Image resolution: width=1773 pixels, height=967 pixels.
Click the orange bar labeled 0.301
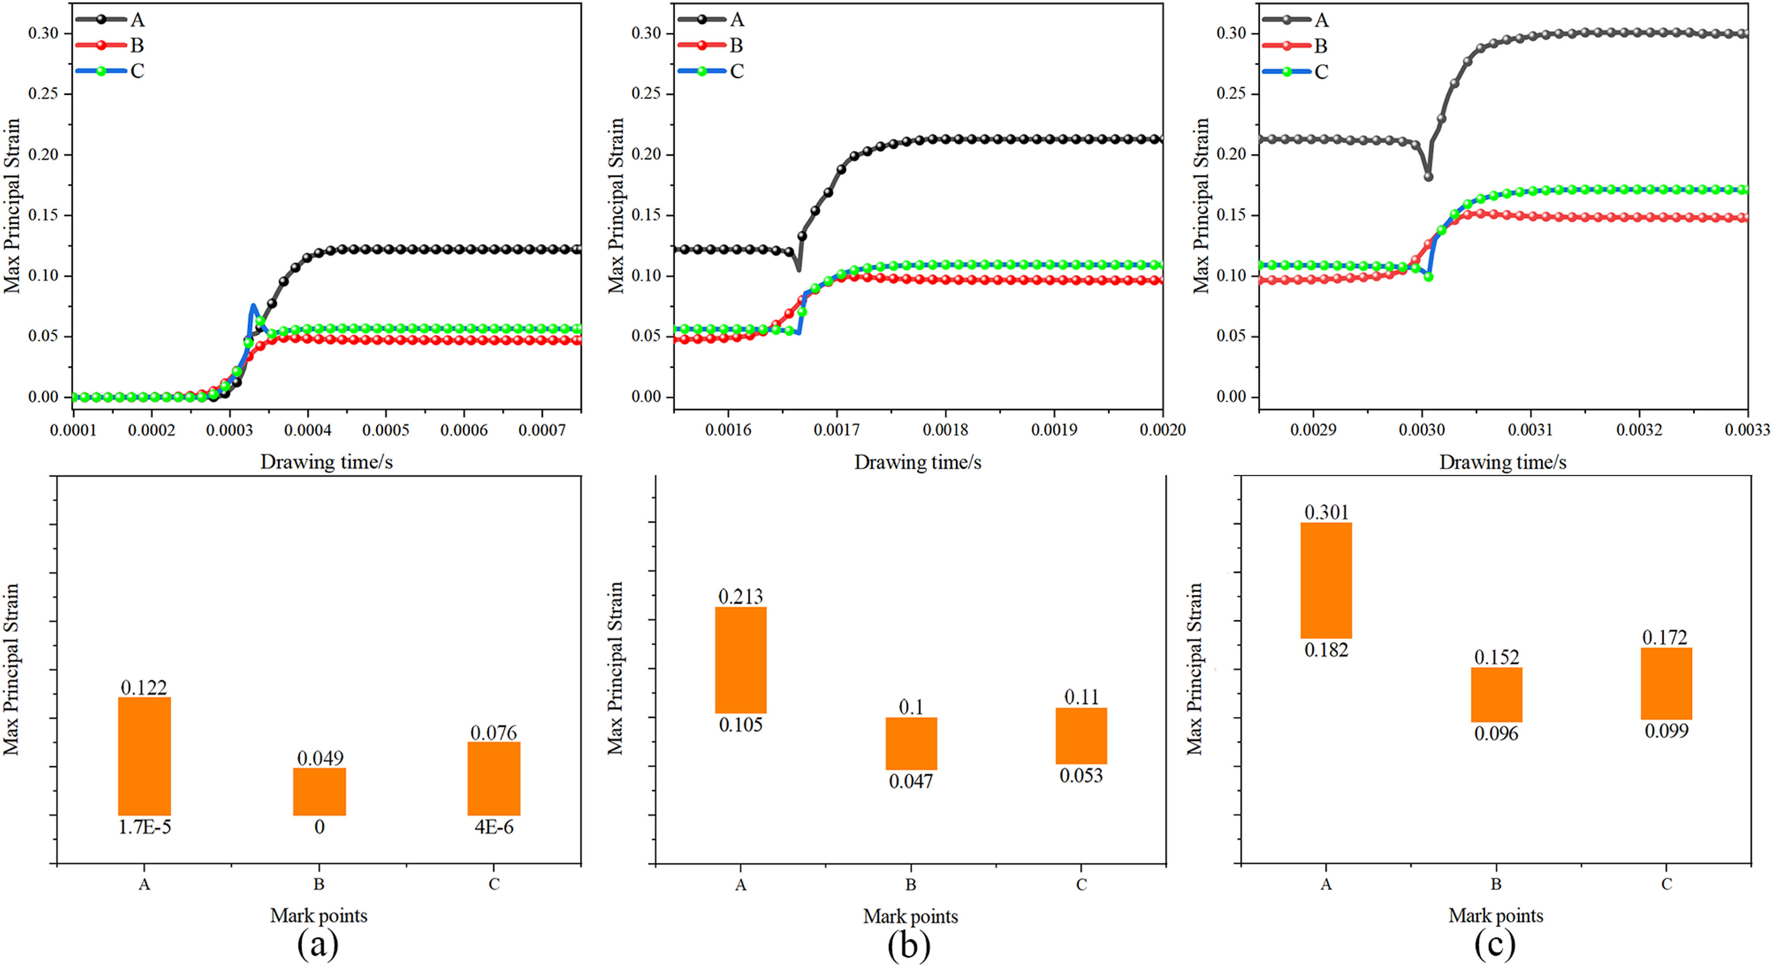pyautogui.click(x=1326, y=580)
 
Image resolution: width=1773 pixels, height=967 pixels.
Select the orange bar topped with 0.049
pyautogui.click(x=319, y=791)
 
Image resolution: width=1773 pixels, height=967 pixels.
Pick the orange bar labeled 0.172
pyautogui.click(x=1666, y=683)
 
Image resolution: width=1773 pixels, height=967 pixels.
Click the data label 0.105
pyautogui.click(x=741, y=725)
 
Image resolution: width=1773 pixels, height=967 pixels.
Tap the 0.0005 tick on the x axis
pyautogui.click(x=386, y=430)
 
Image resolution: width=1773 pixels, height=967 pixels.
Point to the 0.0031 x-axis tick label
pyautogui.click(x=1530, y=430)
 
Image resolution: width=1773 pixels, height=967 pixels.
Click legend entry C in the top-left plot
pyautogui.click(x=137, y=71)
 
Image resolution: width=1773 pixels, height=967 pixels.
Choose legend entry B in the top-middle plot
pyautogui.click(x=736, y=45)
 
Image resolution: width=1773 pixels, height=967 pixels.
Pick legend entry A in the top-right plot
pyautogui.click(x=1321, y=20)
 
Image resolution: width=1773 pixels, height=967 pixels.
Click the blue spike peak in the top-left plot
pyautogui.click(x=253, y=305)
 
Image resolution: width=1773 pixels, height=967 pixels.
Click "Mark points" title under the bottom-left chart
pyautogui.click(x=319, y=916)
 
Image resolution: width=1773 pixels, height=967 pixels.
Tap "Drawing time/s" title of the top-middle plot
pyautogui.click(x=918, y=462)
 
